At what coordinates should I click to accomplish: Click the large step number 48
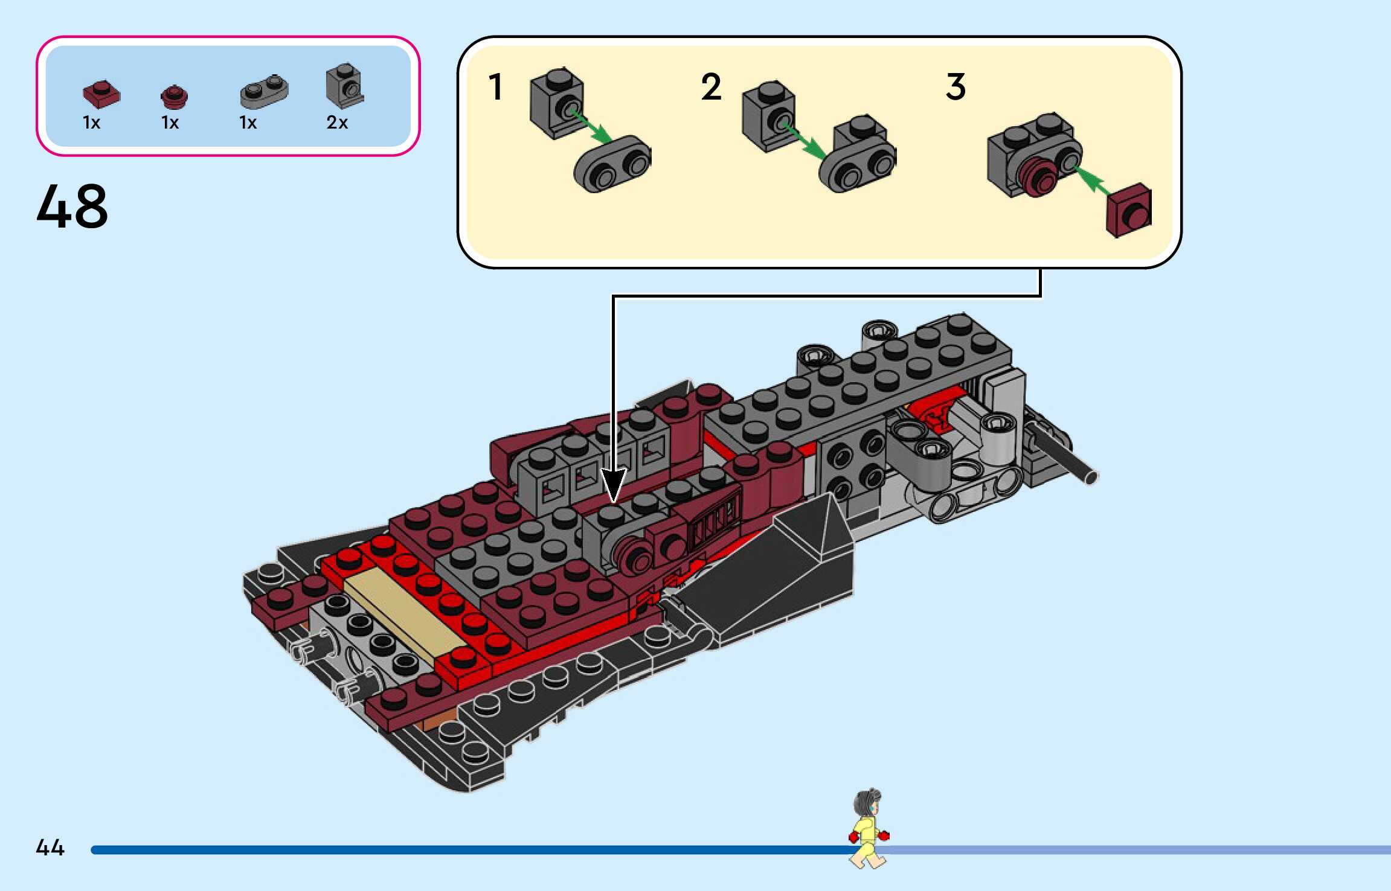tap(72, 206)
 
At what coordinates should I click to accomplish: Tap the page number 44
tap(50, 848)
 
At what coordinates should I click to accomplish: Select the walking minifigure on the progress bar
tap(869, 828)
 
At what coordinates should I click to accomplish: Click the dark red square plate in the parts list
tap(101, 95)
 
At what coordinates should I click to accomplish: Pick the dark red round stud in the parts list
tap(175, 97)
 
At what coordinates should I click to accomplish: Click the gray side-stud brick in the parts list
tap(344, 86)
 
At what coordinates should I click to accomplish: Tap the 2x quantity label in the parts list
tap(337, 123)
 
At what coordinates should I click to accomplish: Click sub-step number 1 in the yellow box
tap(495, 87)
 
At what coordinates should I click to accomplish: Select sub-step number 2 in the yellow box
tap(711, 87)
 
